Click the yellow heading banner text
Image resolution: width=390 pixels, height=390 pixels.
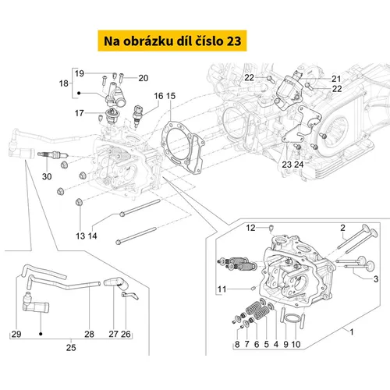click(172, 41)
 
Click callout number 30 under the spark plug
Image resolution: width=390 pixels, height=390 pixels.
click(47, 176)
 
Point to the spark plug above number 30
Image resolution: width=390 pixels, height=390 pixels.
click(53, 155)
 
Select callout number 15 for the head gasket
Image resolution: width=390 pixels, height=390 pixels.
click(171, 96)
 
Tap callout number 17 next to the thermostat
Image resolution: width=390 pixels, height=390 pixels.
click(80, 113)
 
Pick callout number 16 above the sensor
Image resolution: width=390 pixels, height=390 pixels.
click(158, 96)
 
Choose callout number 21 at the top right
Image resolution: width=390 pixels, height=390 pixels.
click(336, 79)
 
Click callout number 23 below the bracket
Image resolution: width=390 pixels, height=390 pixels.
click(287, 165)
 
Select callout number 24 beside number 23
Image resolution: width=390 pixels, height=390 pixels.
click(299, 165)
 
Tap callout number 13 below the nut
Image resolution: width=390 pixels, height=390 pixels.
click(80, 236)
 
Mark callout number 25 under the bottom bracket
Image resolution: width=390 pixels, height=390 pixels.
click(71, 348)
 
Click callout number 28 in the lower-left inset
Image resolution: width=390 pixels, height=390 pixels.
click(89, 334)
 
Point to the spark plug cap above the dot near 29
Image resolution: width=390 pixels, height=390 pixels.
click(36, 303)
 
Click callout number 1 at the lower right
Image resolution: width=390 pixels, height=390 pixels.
click(352, 332)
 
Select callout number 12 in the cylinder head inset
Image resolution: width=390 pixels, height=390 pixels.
click(250, 228)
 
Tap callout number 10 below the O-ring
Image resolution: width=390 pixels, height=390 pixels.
click(296, 344)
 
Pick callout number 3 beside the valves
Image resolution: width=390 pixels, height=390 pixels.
click(376, 279)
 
